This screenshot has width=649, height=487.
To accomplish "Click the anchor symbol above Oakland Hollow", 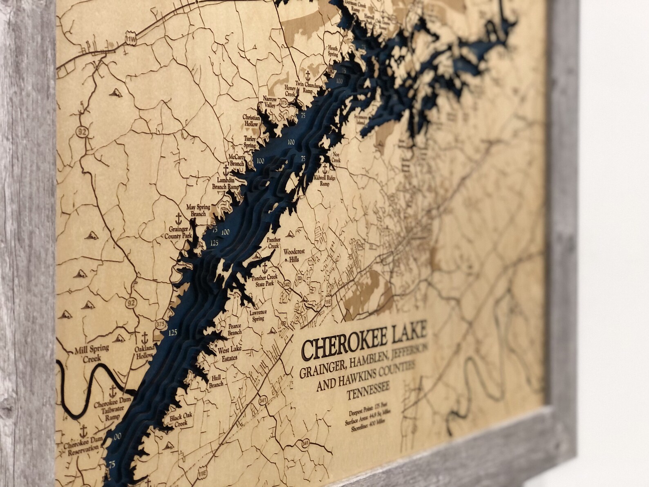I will pyautogui.click(x=144, y=338).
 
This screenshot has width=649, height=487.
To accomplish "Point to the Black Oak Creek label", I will pyautogui.click(x=181, y=419).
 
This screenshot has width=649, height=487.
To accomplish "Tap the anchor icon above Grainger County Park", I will pyautogui.click(x=178, y=218).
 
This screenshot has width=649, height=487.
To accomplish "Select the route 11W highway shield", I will pyautogui.click(x=130, y=38).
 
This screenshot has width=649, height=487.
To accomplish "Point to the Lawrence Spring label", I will pyautogui.click(x=258, y=315).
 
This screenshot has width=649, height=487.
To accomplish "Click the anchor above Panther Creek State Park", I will pyautogui.click(x=265, y=268).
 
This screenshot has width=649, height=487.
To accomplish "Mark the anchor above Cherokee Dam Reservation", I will pyautogui.click(x=83, y=430).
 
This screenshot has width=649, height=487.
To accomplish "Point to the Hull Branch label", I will pyautogui.click(x=216, y=382).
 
